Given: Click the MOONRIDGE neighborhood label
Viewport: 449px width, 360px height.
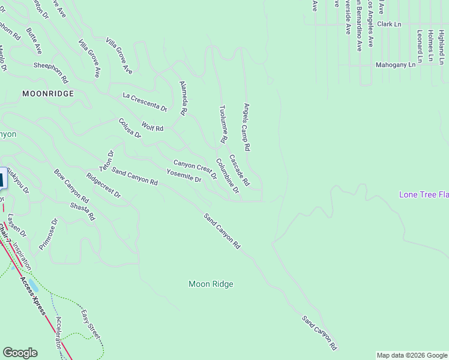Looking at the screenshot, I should tap(48, 94).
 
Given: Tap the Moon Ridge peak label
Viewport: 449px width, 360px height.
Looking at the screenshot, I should tap(211, 284).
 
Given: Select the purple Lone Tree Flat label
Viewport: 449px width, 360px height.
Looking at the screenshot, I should tap(424, 194).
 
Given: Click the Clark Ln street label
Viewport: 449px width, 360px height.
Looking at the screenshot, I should tap(389, 24).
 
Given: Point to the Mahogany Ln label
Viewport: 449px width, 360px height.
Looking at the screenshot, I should tap(395, 64).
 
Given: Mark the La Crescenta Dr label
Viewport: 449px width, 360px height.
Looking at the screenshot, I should tap(145, 102).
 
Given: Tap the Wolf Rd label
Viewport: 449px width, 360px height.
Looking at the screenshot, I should tap(152, 127).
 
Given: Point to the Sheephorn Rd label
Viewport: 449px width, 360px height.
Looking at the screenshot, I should tap(51, 73).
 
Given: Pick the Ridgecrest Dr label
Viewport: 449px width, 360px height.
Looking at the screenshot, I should tap(103, 186).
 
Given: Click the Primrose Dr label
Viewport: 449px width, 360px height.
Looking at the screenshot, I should tap(48, 234).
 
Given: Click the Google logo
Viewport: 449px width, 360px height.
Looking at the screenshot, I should tap(20, 353).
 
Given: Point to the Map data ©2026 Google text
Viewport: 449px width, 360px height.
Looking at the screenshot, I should tap(412, 355).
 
